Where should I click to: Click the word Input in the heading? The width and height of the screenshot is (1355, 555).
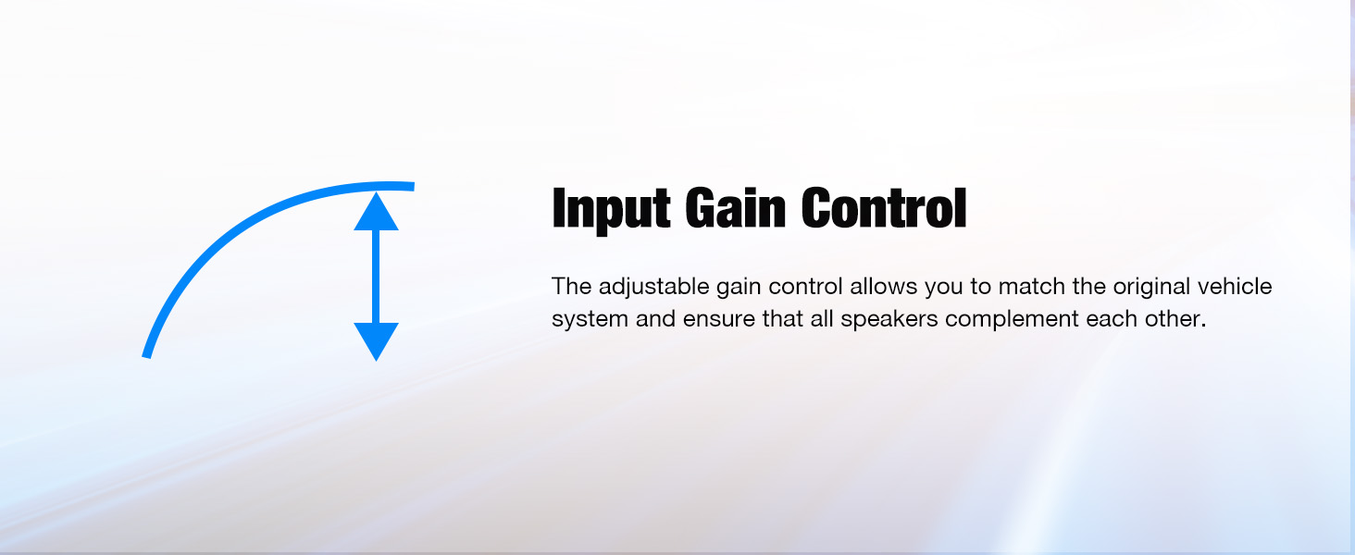tap(611, 209)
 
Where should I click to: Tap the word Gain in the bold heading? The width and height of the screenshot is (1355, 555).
tap(735, 207)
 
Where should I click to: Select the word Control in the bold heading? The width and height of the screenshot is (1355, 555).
tap(884, 207)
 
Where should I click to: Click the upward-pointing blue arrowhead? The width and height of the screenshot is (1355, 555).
tap(376, 211)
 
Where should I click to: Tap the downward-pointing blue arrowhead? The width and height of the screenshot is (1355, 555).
tap(376, 341)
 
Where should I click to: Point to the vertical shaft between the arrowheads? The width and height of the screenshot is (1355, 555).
tap(376, 277)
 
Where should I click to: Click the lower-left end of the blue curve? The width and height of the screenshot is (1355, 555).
tap(146, 356)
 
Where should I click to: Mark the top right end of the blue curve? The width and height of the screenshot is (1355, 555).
tap(413, 186)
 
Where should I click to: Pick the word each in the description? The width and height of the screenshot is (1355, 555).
tap(1112, 318)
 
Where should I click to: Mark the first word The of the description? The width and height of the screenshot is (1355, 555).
tap(572, 286)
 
